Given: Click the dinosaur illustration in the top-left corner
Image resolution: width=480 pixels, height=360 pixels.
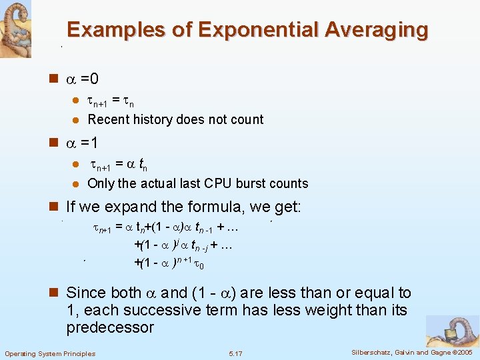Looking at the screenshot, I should pyautogui.click(x=15, y=29).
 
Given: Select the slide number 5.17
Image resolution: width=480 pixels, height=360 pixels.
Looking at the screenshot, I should pyautogui.click(x=235, y=353).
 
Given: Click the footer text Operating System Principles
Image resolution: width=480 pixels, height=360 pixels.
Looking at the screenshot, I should pyautogui.click(x=50, y=353).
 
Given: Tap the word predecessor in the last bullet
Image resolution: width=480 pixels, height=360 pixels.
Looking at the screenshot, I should pyautogui.click(x=110, y=327).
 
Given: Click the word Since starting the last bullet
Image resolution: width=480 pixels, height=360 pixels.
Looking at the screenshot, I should pyautogui.click(x=86, y=293).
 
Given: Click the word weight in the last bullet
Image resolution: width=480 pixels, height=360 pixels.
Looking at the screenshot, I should pyautogui.click(x=309, y=310).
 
